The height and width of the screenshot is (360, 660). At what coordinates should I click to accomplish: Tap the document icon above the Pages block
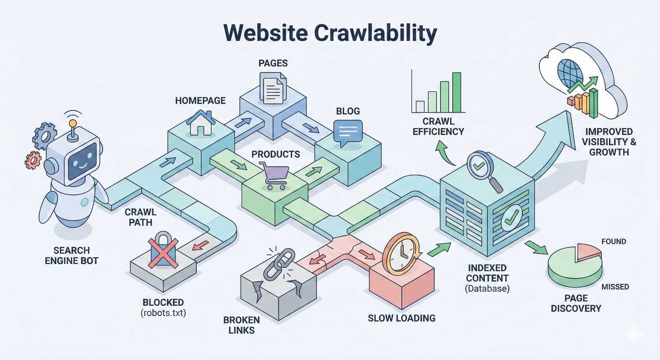click(273, 88)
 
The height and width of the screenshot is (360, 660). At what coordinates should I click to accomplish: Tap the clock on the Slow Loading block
click(401, 254)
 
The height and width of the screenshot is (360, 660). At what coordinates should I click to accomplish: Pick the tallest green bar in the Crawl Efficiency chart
click(456, 92)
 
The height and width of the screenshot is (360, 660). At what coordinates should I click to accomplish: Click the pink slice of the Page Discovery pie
click(589, 251)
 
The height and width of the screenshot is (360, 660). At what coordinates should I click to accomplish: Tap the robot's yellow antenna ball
click(73, 124)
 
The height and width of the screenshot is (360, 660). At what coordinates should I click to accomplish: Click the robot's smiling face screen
click(81, 161)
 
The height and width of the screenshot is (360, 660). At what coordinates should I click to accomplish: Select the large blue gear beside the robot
click(45, 136)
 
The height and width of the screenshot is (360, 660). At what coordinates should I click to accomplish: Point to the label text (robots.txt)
click(163, 313)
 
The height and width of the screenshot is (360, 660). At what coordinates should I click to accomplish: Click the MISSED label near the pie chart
click(615, 287)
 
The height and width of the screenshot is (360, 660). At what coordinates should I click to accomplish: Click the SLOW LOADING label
click(401, 318)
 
